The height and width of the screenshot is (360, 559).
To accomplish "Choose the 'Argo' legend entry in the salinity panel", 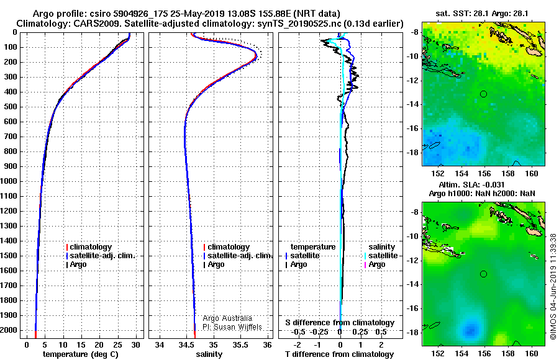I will pyautogui.click(x=216, y=264).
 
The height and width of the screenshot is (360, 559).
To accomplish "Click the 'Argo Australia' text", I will pyautogui.click(x=219, y=318).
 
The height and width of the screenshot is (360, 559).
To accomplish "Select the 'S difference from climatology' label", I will pyautogui.click(x=340, y=323).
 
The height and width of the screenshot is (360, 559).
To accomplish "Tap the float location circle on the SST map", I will pyautogui.click(x=484, y=94).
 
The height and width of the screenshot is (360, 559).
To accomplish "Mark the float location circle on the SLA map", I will pyautogui.click(x=484, y=274).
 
